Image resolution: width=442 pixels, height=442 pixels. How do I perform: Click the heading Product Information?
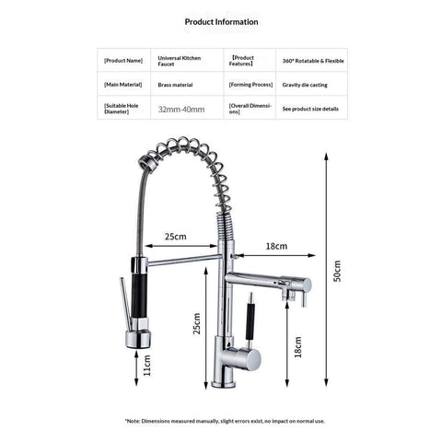[x=221, y=20]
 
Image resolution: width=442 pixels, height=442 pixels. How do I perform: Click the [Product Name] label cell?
[x=122, y=60]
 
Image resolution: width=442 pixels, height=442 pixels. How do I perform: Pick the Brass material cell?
[x=175, y=84]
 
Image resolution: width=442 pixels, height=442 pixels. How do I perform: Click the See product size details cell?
[x=310, y=109]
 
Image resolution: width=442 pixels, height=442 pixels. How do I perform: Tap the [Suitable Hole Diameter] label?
[x=123, y=109]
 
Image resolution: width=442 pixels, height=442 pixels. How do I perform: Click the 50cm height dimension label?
[x=338, y=270]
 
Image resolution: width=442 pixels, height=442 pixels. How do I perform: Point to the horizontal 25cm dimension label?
[x=176, y=238]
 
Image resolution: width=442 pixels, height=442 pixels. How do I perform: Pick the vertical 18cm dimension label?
[x=297, y=347]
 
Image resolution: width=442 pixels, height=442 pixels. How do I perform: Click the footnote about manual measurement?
[x=224, y=421]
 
